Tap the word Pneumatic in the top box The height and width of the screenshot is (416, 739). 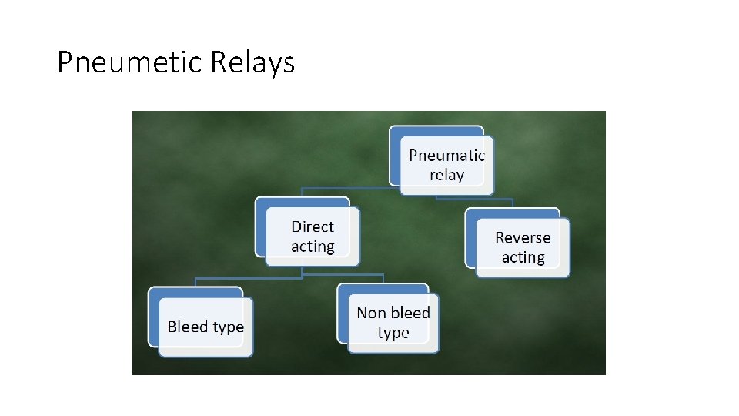point(446,155)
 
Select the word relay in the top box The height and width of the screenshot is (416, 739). point(446,175)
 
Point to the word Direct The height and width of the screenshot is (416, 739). point(312,226)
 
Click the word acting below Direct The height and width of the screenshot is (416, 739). point(312,247)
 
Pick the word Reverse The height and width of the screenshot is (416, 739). point(523,237)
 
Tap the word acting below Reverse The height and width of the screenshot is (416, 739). point(523,257)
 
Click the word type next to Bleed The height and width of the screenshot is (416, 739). point(228,327)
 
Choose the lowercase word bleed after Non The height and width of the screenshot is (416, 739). point(410,313)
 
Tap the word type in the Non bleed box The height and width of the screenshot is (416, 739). point(393,333)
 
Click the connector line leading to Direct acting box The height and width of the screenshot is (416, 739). point(346,187)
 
